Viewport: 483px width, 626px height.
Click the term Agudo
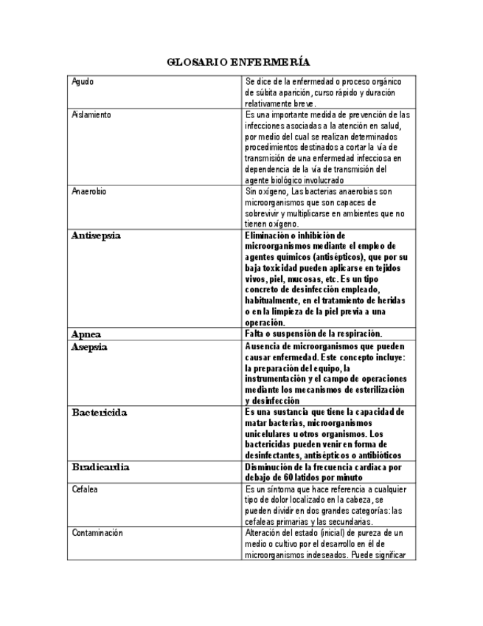tap(83, 82)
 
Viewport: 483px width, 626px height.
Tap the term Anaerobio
tap(88, 191)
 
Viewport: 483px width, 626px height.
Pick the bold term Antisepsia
tap(96, 235)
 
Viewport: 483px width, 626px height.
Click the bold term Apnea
tap(86, 334)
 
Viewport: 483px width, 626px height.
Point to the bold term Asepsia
tap(89, 346)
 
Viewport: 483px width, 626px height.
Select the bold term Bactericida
tap(99, 413)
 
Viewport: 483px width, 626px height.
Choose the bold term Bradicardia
tap(100, 467)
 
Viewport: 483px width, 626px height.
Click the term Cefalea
tap(85, 489)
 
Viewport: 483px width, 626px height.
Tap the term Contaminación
tap(97, 533)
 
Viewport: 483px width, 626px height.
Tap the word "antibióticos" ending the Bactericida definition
tap(380, 456)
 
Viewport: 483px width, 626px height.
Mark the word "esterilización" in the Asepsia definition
tap(380, 390)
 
